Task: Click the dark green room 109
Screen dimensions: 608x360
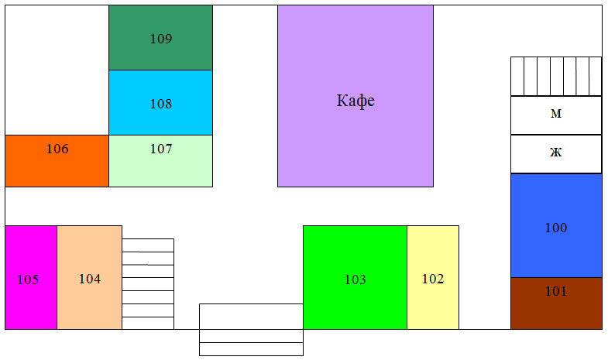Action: click(x=160, y=38)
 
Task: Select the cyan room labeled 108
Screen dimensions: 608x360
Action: click(x=160, y=103)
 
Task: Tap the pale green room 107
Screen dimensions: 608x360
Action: click(x=160, y=161)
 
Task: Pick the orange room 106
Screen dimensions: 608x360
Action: click(x=57, y=161)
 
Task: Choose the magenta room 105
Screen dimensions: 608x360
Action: click(x=31, y=277)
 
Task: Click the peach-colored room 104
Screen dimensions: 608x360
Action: click(x=90, y=277)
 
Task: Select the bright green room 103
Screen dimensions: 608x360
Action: click(x=356, y=277)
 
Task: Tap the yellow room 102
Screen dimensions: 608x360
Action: click(x=433, y=277)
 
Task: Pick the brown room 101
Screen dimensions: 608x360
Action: click(x=556, y=303)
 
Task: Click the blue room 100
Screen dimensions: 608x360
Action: click(x=556, y=225)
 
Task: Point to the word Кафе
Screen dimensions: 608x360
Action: click(x=356, y=101)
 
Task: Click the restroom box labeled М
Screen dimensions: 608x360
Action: click(x=556, y=115)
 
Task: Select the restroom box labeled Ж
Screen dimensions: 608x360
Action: click(x=556, y=154)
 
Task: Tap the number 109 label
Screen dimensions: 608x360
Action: click(x=161, y=39)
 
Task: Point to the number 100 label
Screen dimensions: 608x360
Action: click(x=556, y=228)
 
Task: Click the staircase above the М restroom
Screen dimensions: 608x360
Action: click(x=556, y=77)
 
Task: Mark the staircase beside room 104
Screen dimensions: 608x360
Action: click(x=148, y=284)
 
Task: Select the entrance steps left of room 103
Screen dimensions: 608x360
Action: click(x=251, y=330)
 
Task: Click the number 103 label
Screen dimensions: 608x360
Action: click(x=356, y=279)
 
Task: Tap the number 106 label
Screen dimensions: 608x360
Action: click(x=57, y=149)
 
